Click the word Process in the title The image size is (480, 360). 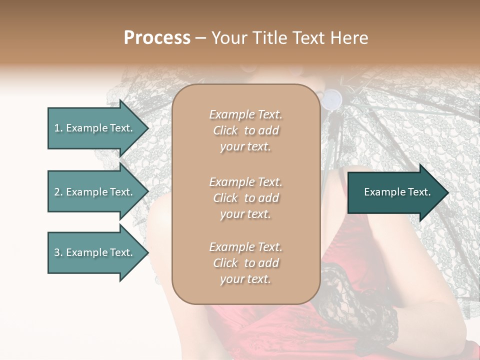click(x=157, y=38)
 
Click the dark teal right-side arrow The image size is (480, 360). click(x=395, y=192)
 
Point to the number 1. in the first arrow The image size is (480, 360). click(x=58, y=128)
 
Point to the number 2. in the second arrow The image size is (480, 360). click(x=58, y=192)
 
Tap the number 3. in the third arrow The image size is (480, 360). click(x=58, y=252)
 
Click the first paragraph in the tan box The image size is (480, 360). click(x=245, y=130)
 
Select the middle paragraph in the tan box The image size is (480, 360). click(x=245, y=198)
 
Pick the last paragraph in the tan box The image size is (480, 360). click(x=245, y=263)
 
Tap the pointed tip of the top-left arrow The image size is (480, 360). click(x=148, y=128)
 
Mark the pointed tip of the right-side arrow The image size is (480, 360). click(x=448, y=192)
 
